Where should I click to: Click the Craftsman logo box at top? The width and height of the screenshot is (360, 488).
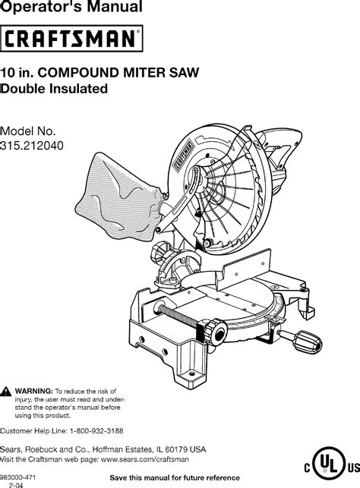[71, 38]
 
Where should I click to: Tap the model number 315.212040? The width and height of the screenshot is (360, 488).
[32, 146]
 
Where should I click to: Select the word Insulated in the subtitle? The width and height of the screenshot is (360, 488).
[79, 89]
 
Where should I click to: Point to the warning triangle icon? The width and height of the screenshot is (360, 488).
[5, 392]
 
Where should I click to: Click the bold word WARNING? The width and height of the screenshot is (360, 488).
[34, 391]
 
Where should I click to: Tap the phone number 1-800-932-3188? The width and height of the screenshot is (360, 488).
[96, 431]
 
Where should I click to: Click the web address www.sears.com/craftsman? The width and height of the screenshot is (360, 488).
[145, 459]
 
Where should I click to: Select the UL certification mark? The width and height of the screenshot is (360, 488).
[330, 467]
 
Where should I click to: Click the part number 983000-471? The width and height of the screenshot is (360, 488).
[18, 477]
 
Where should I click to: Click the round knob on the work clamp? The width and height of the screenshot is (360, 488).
[215, 332]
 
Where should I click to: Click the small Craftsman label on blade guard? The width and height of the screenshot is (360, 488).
[184, 155]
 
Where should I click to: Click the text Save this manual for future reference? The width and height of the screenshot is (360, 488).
[175, 477]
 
